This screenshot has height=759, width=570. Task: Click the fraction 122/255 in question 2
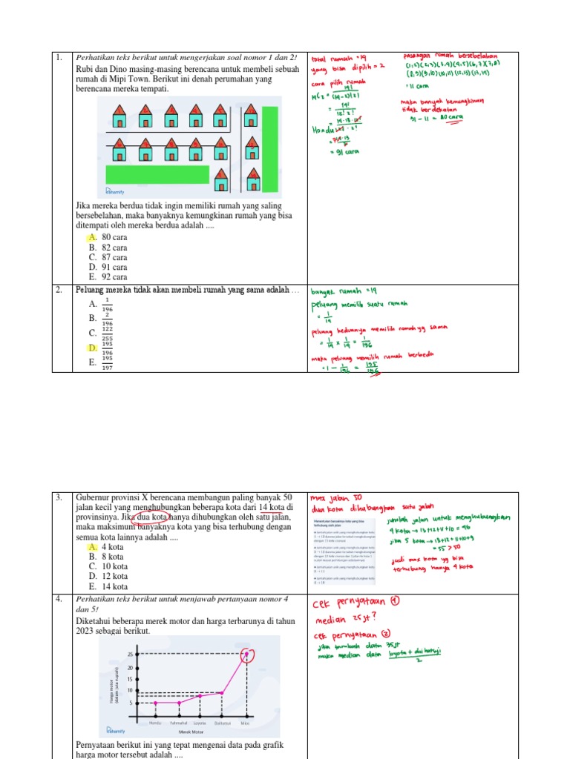coord(107,333)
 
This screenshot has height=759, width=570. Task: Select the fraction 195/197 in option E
coord(107,362)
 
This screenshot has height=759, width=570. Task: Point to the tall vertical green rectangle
coord(270,148)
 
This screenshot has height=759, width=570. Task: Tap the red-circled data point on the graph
coord(246,654)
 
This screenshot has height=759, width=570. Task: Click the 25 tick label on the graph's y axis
coord(130,655)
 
